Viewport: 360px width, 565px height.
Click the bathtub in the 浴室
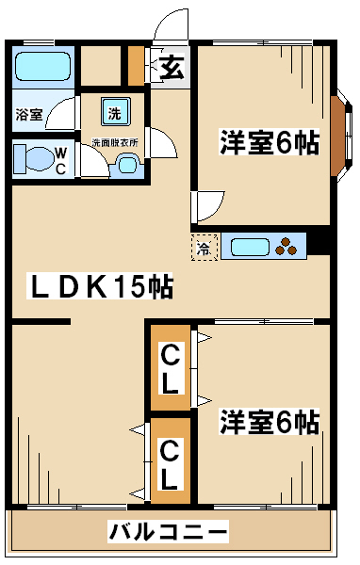click(x=42, y=66)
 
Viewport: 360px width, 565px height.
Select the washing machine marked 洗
click(x=115, y=112)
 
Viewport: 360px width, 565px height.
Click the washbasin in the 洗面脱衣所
click(x=127, y=165)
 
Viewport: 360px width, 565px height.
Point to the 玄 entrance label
click(x=172, y=67)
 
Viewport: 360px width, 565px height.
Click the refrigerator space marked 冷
click(x=205, y=247)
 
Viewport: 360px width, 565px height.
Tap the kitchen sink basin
click(x=250, y=247)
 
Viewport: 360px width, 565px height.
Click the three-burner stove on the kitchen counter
click(x=286, y=247)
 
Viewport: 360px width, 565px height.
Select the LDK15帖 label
click(x=101, y=286)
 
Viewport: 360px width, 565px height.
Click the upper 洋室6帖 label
click(x=270, y=142)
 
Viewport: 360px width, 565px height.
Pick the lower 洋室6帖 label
click(x=270, y=421)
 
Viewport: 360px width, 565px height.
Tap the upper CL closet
click(x=171, y=367)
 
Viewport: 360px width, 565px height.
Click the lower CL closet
click(x=171, y=461)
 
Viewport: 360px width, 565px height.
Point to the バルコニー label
click(x=168, y=531)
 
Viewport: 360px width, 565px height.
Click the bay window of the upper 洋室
click(x=341, y=136)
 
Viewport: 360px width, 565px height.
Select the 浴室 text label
click(x=29, y=115)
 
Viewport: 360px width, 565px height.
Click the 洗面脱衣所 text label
click(x=115, y=142)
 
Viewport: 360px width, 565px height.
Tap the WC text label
click(x=61, y=161)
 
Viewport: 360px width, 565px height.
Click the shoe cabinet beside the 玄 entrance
click(x=137, y=66)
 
